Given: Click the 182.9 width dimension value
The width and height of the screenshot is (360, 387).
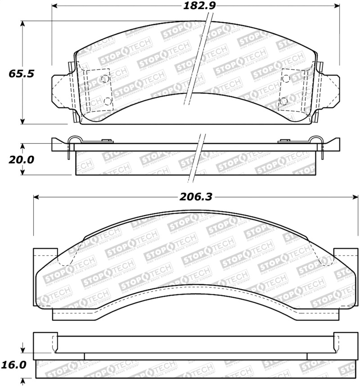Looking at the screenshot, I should (x=194, y=6).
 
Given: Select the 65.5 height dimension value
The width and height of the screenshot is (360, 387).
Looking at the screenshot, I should (x=21, y=73).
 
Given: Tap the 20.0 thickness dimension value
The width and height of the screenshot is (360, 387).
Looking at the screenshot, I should (x=20, y=160).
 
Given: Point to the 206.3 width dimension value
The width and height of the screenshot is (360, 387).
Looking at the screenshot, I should (x=196, y=196).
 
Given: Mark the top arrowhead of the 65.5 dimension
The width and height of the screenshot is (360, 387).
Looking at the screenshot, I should (x=22, y=24).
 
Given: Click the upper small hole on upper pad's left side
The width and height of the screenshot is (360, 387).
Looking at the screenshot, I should (x=105, y=79).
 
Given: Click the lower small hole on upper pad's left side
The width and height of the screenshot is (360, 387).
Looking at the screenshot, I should (x=108, y=101).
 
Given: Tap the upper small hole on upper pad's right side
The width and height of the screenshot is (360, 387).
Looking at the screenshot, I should (x=286, y=78).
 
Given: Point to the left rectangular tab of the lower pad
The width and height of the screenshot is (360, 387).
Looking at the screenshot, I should (x=45, y=259).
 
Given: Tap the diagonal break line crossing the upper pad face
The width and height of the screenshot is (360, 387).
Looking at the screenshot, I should (x=198, y=59).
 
